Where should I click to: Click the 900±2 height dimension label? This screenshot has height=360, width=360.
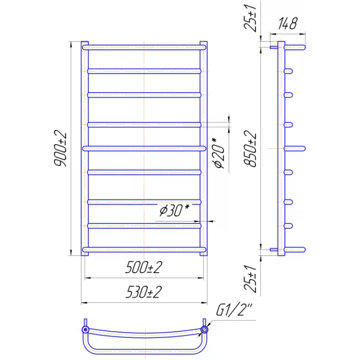point(60,148)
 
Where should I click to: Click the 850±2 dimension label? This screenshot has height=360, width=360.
point(250,148)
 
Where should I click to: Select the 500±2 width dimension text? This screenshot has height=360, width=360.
point(144,267)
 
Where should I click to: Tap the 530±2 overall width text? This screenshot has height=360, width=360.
point(144,292)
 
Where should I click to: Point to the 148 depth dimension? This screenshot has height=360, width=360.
point(288,23)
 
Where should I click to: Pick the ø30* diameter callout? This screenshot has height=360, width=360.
point(175,210)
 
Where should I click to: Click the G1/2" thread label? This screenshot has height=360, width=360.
point(234,310)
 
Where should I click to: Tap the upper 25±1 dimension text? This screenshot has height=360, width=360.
point(250,18)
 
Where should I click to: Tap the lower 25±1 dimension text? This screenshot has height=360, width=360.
point(250,279)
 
